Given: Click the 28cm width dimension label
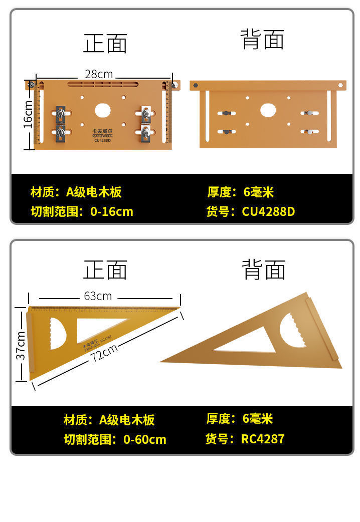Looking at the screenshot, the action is (x=98, y=74).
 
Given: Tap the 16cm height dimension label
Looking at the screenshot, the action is (x=29, y=114).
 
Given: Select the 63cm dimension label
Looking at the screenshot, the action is (x=98, y=296).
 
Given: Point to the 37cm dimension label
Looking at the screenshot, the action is (x=21, y=345).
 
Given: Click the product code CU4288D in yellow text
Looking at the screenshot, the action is (x=268, y=211).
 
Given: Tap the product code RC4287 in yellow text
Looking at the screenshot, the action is (x=263, y=439).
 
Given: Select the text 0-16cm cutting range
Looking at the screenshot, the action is (x=112, y=211).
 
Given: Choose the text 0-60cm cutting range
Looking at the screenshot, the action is (x=144, y=439).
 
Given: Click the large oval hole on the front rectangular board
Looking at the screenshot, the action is (x=103, y=110).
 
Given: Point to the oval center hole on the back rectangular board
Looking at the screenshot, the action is (x=268, y=110).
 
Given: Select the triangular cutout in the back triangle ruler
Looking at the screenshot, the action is (x=246, y=341).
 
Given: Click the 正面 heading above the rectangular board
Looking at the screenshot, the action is (x=105, y=44).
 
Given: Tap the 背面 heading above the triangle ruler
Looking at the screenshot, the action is (x=263, y=270).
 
